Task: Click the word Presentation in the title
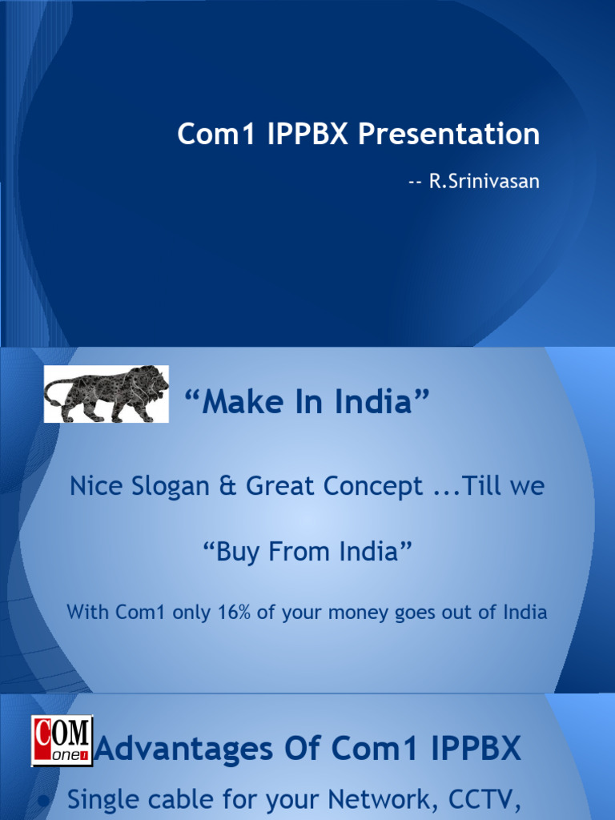[x=448, y=135]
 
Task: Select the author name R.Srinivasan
[x=484, y=182]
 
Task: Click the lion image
[x=107, y=394]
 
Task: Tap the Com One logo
[x=62, y=742]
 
